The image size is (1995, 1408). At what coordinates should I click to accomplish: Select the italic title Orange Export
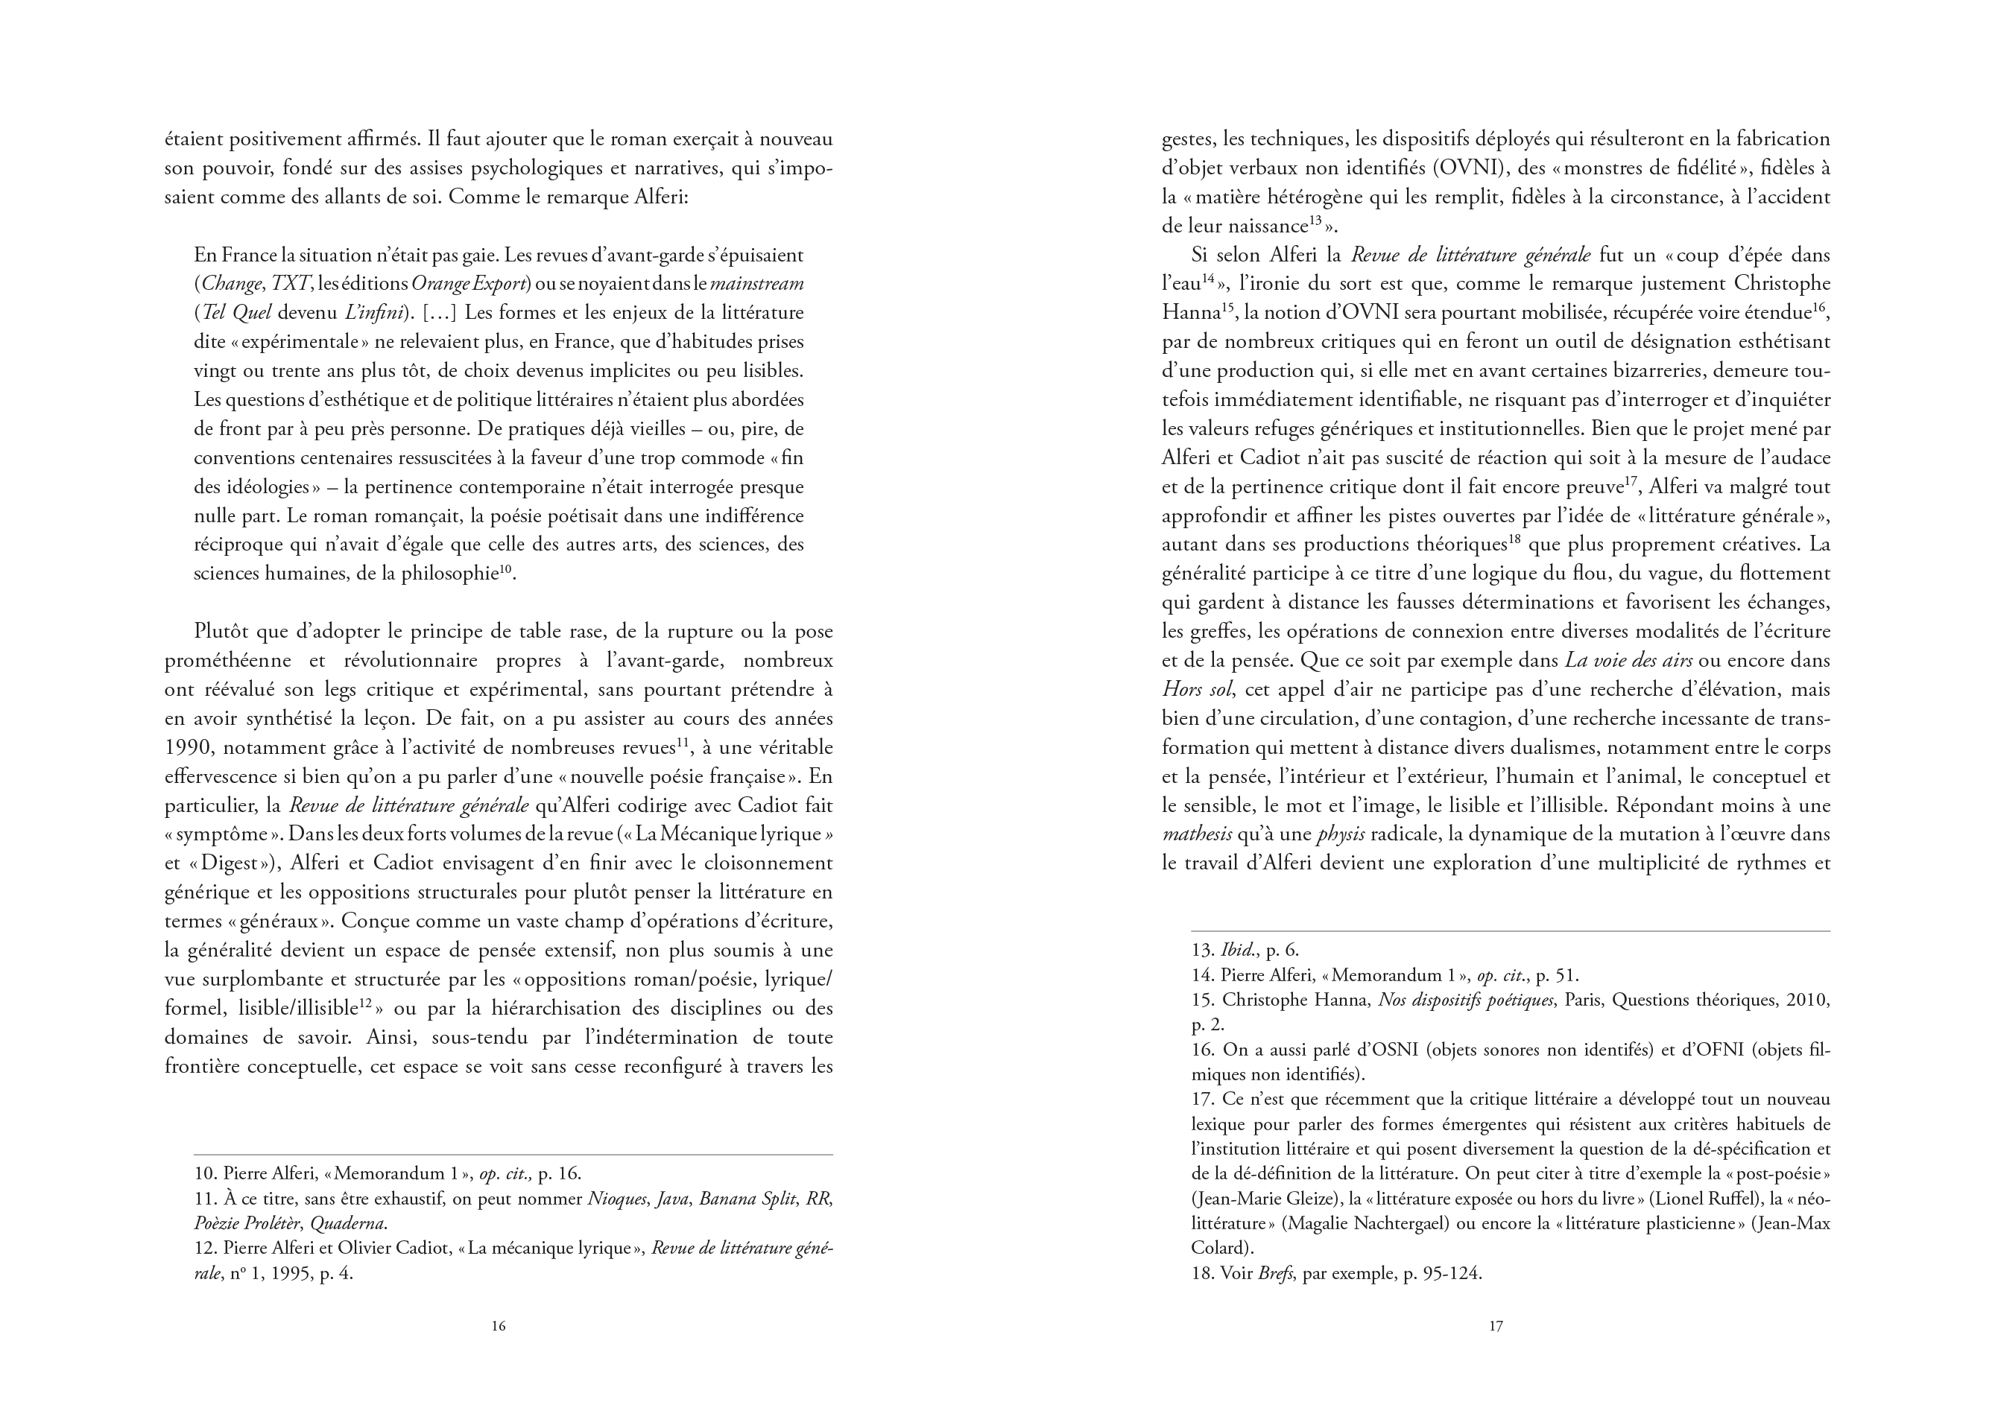[468, 284]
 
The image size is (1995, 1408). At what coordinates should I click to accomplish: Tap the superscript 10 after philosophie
[507, 569]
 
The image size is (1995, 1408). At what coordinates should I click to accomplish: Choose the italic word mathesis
[1197, 834]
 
